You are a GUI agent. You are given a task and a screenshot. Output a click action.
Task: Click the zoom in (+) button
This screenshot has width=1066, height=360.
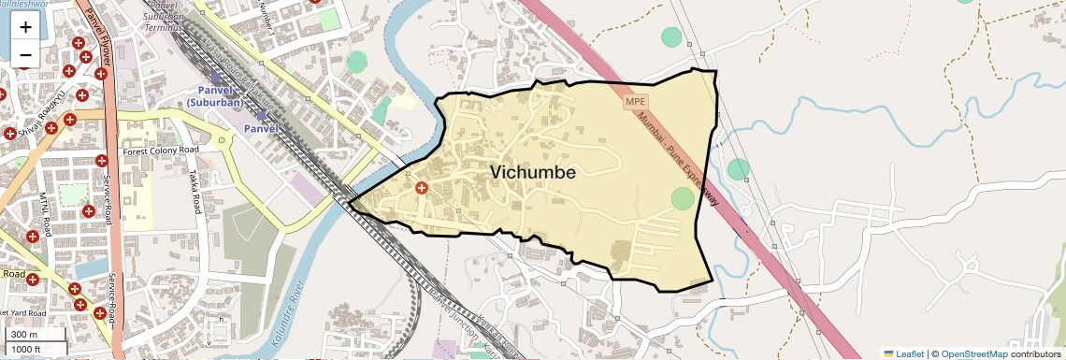(x=25, y=27)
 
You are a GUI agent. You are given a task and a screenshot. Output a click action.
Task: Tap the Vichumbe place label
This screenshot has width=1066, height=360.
(x=532, y=173)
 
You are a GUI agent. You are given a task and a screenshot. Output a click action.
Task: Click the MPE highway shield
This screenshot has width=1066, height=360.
(x=636, y=101)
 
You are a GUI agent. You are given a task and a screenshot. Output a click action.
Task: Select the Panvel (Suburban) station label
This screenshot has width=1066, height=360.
(x=214, y=95)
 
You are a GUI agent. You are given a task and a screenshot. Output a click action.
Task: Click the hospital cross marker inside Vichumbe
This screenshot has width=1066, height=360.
(x=421, y=189)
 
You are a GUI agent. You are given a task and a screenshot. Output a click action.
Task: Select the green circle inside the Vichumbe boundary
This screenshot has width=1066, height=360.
(x=684, y=198)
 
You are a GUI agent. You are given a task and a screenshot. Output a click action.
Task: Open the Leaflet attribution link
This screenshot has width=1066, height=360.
(x=903, y=353)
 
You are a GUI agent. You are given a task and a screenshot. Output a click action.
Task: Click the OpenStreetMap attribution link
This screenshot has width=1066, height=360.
(x=973, y=353)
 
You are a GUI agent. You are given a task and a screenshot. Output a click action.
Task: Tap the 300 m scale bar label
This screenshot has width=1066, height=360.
(x=24, y=334)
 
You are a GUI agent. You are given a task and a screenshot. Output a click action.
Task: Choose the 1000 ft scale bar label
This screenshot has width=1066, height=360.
(x=28, y=349)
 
